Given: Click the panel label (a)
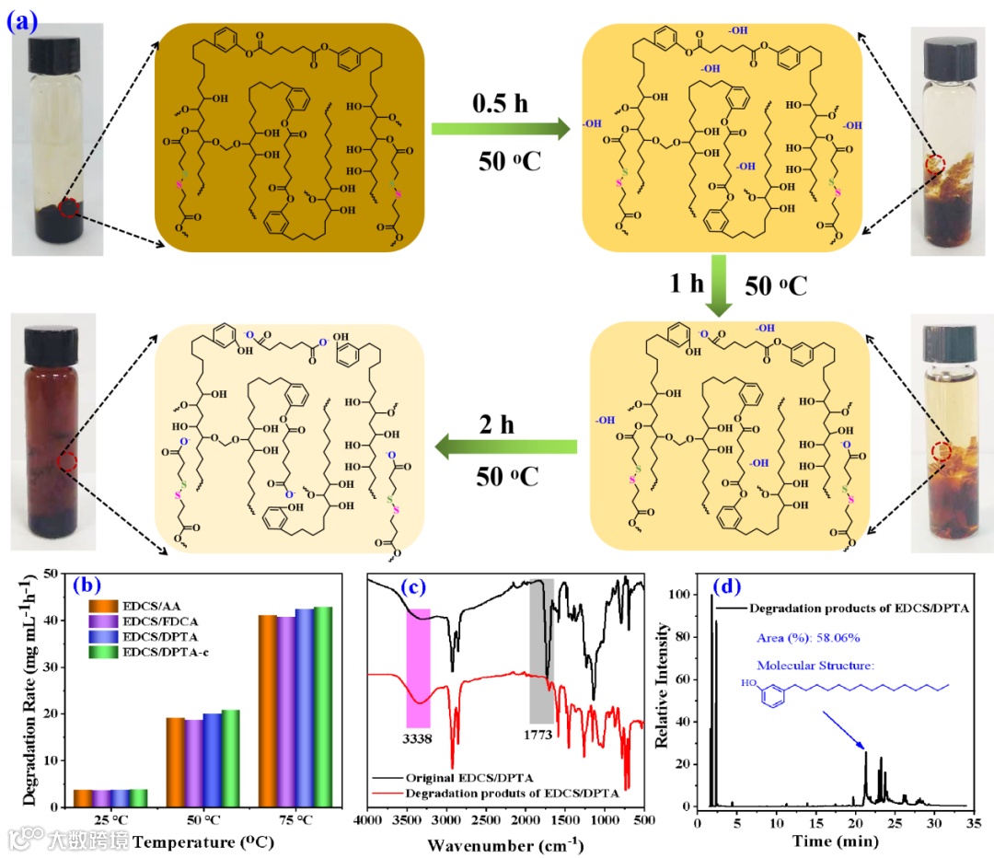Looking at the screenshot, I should pyautogui.click(x=21, y=21).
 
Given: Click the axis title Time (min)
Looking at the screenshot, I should pyautogui.click(x=826, y=841).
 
